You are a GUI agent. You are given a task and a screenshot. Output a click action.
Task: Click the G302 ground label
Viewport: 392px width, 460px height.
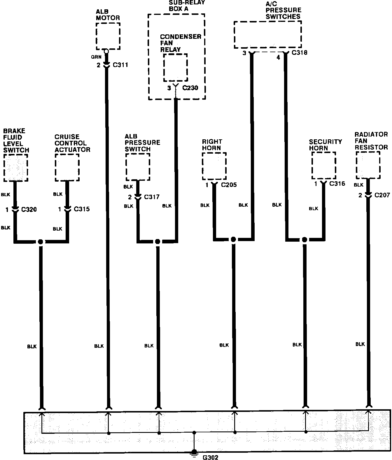tap(210, 457)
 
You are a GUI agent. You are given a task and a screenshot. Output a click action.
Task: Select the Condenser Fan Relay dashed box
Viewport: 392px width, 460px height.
tap(175, 68)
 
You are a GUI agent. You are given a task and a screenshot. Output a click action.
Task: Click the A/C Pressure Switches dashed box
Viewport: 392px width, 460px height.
tap(267, 34)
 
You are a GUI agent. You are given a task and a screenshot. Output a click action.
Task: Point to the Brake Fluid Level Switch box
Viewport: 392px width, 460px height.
tap(16, 168)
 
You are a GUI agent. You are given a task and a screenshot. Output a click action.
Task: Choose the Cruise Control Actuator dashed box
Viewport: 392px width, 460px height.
tap(67, 167)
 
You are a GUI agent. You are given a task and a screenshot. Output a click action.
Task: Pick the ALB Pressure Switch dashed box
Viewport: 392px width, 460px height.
tap(138, 167)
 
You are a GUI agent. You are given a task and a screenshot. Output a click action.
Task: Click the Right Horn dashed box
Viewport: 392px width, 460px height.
tap(214, 166)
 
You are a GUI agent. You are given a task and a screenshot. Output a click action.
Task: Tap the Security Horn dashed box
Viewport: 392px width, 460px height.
tap(323, 165)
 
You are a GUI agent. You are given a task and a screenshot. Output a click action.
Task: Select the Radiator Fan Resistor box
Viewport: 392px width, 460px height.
tap(368, 165)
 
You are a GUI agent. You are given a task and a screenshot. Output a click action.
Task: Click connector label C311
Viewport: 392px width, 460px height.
tap(120, 65)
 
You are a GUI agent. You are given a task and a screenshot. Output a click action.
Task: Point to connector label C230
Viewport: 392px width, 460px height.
tap(190, 88)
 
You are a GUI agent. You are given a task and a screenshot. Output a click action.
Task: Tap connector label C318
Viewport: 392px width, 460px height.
tap(300, 53)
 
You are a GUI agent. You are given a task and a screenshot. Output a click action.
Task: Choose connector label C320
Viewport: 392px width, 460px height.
tap(29, 210)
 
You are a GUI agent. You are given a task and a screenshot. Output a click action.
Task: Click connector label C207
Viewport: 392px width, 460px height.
tap(382, 195)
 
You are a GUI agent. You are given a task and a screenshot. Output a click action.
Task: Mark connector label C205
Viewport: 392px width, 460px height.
tap(229, 185)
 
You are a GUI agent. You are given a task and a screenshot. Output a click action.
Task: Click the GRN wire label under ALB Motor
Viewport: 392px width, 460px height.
tap(96, 57)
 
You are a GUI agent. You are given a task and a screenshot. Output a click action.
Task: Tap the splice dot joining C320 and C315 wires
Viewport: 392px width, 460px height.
tap(41, 242)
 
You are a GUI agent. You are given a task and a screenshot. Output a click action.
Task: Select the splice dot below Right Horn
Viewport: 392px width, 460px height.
tap(233, 239)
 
